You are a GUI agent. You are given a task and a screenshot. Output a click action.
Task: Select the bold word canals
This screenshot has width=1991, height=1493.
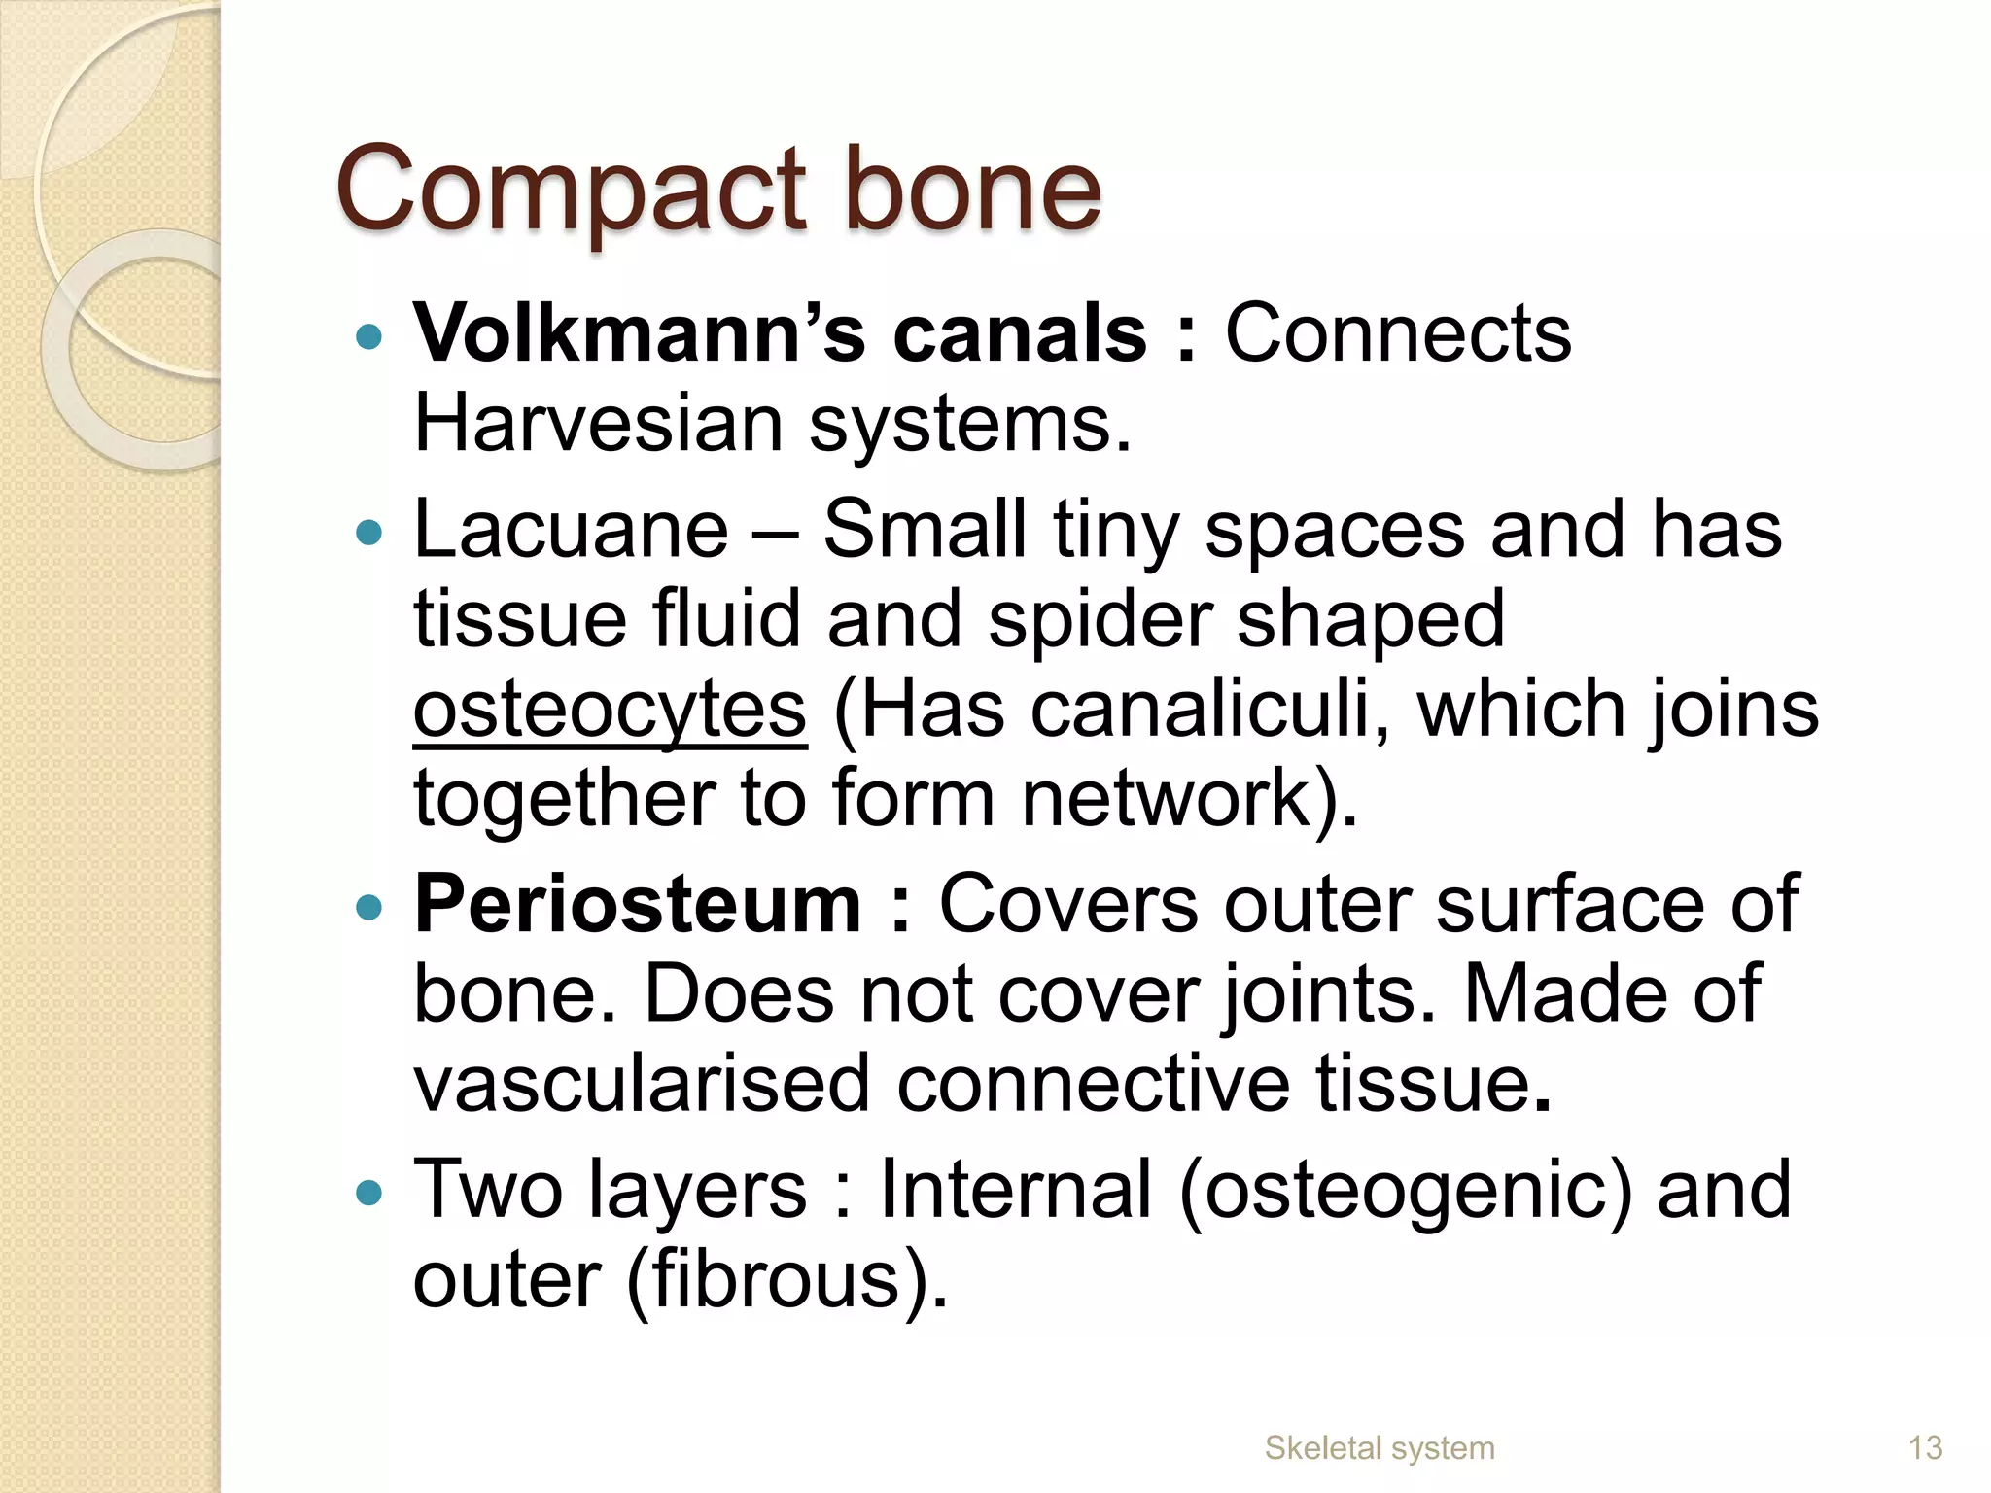(x=1020, y=333)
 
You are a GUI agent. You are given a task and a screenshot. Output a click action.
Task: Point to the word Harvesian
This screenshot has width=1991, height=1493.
(x=599, y=424)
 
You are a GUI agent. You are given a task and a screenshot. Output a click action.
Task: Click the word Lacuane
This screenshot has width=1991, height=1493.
(x=571, y=530)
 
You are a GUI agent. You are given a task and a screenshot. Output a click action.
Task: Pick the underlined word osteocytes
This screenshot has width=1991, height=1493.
(x=610, y=710)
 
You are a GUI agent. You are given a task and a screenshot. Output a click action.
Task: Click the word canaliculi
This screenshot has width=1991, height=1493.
(x=1209, y=710)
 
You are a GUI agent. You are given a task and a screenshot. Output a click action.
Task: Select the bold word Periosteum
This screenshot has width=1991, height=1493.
(x=638, y=904)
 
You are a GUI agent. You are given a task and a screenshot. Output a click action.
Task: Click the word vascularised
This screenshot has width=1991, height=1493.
(x=642, y=1084)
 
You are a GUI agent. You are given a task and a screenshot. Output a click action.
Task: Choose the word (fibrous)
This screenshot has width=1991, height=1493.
(x=786, y=1279)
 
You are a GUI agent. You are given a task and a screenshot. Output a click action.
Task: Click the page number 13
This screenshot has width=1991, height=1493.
(x=1925, y=1448)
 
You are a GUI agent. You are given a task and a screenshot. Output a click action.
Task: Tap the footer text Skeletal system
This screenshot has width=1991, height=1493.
(x=1380, y=1448)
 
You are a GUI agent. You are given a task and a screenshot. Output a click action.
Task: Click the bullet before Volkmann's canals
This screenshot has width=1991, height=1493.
(x=369, y=337)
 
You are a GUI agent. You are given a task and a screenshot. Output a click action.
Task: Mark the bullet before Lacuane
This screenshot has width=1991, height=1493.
(x=369, y=533)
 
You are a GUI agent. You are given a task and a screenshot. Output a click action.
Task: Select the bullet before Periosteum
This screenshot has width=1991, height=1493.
(x=369, y=908)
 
